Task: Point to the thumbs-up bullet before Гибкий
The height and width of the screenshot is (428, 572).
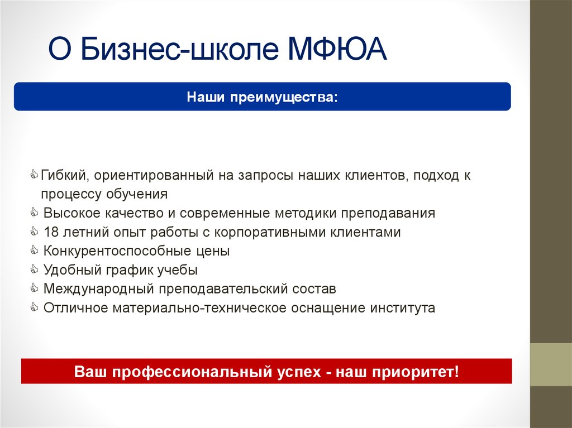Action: (35, 175)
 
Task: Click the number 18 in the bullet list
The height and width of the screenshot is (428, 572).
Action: (51, 232)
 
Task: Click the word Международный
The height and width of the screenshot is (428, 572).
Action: (98, 289)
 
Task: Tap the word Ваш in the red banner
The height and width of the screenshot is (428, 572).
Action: (91, 372)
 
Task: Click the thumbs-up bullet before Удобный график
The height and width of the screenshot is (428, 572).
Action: (35, 270)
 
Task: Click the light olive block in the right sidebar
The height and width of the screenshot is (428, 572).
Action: (551, 364)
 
